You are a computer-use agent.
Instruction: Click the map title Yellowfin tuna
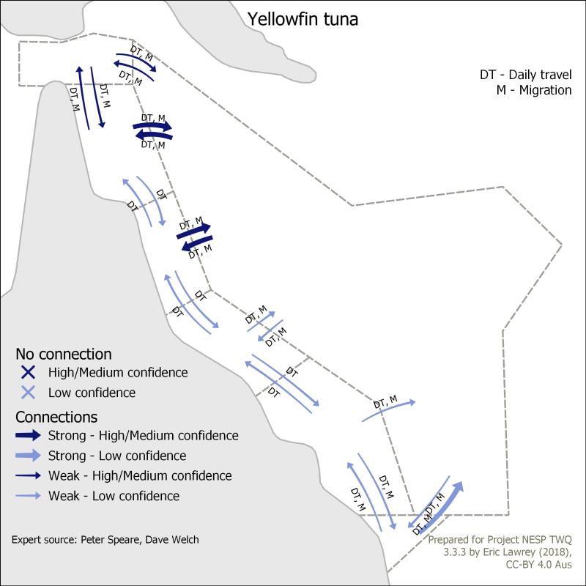point(303,20)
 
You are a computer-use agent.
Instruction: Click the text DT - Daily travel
point(525,75)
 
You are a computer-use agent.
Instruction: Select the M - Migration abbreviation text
point(534,90)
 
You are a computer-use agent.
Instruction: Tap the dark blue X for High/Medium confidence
point(29,372)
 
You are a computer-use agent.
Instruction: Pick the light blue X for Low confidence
point(29,393)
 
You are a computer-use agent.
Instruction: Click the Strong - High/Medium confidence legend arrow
point(28,435)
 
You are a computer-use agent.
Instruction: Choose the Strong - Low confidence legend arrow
point(28,455)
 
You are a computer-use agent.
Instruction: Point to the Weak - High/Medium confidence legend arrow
point(28,475)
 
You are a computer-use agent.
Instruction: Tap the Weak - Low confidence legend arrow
point(28,496)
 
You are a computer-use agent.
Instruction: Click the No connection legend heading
point(64,354)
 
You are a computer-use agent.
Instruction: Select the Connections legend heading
point(56,417)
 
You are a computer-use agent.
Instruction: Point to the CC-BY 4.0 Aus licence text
point(538,564)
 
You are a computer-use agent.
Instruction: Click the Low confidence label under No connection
point(92,393)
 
